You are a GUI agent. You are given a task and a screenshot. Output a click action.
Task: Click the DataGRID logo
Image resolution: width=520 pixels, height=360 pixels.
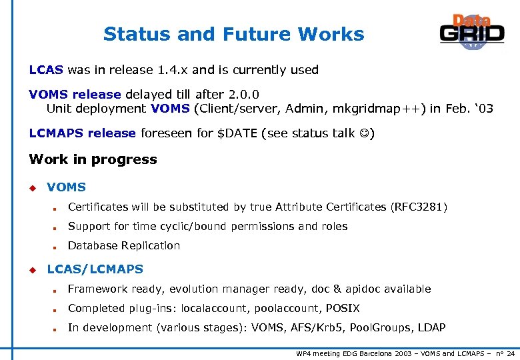pos(471,33)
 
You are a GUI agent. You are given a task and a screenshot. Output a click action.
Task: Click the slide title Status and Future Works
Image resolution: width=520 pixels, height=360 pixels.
pos(233,34)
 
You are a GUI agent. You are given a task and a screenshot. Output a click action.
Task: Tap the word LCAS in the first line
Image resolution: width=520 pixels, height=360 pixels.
pos(46,70)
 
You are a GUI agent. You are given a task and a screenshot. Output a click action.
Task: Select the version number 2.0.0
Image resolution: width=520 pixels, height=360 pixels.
pos(241,95)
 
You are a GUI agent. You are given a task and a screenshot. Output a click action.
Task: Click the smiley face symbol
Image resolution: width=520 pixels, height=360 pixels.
pos(364,133)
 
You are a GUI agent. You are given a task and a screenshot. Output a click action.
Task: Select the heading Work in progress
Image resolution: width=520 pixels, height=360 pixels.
pos(93,159)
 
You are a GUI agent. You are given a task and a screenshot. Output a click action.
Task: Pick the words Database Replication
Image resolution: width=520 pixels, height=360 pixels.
pos(124,246)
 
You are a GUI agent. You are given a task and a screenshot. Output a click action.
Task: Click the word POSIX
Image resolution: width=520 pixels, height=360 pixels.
pos(343,309)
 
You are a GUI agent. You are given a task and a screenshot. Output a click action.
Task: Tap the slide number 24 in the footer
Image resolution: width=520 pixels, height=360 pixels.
pos(510,353)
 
